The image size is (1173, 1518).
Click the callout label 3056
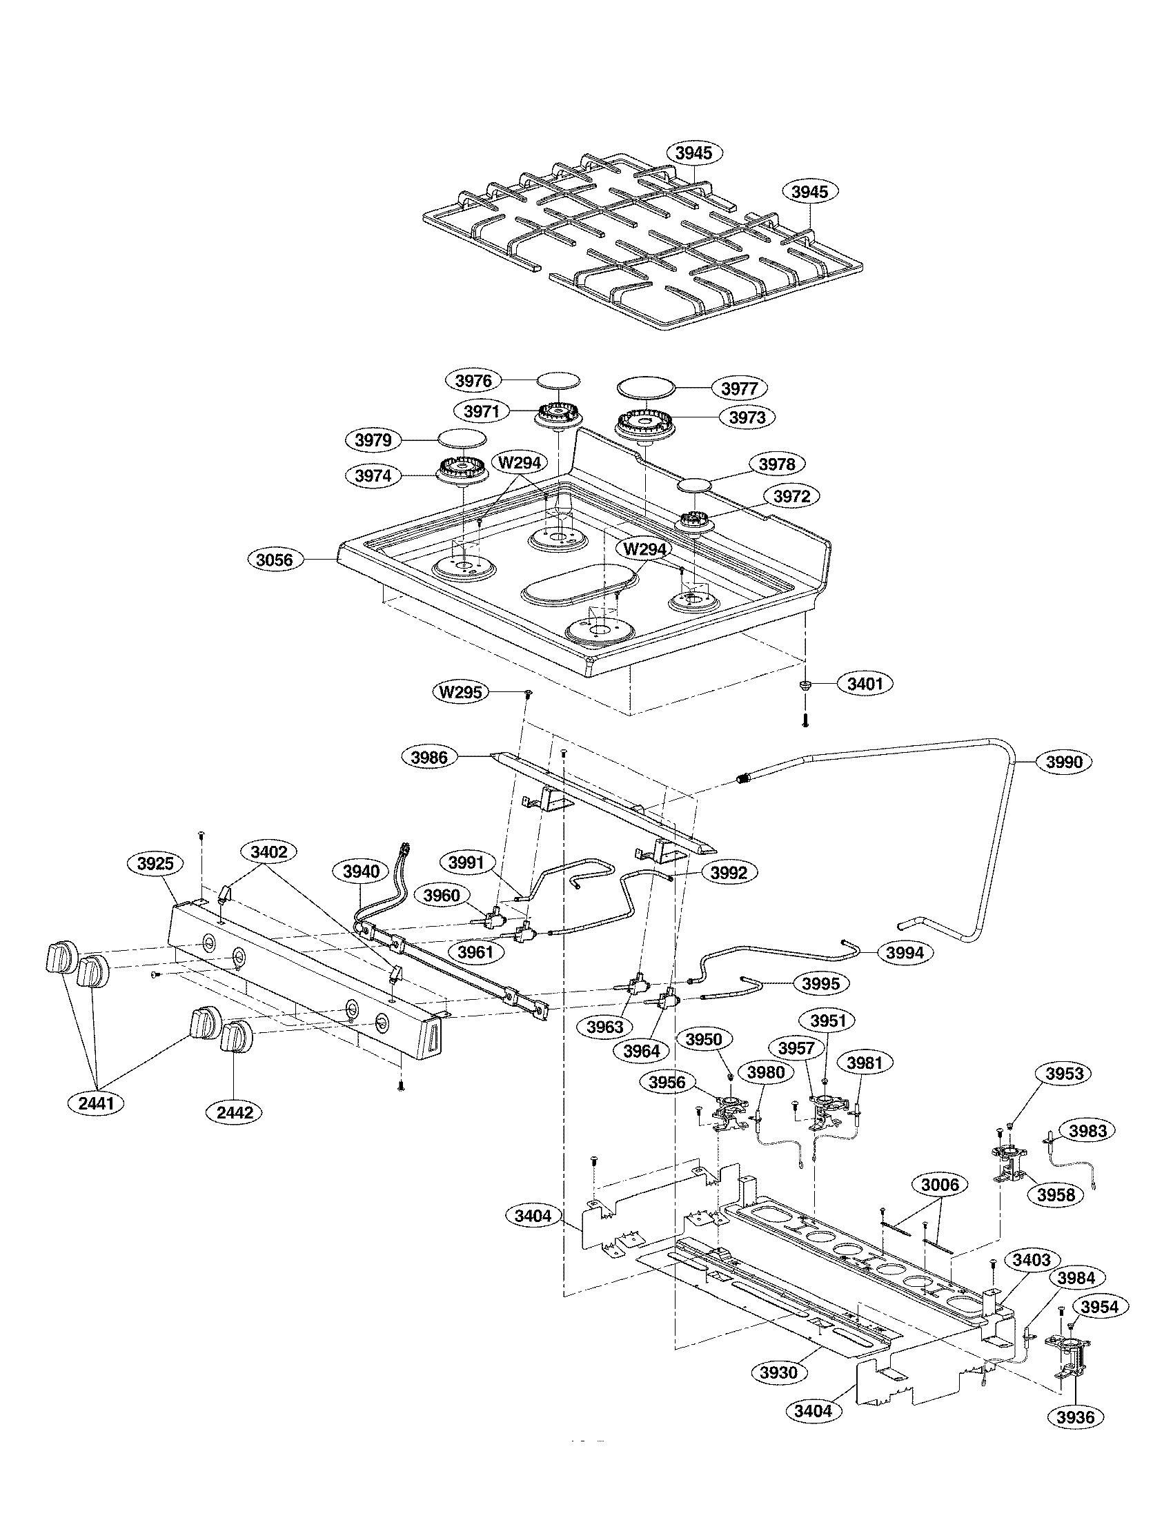click(x=275, y=560)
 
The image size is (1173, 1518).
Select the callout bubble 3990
click(x=1065, y=762)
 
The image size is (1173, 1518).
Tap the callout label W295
click(x=461, y=692)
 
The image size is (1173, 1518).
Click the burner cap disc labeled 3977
click(x=647, y=388)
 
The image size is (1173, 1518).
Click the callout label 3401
click(x=865, y=684)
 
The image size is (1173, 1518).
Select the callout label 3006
click(x=939, y=1184)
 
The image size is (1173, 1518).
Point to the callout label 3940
click(x=361, y=871)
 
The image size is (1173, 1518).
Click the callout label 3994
click(x=905, y=952)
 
